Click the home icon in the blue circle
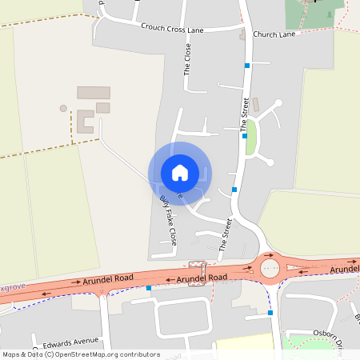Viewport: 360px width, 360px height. [x=180, y=173]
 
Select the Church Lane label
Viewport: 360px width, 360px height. [x=274, y=35]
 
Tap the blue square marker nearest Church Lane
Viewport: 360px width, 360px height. [x=247, y=65]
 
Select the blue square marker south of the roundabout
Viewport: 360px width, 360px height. [x=270, y=313]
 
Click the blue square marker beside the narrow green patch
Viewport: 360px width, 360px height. [x=244, y=137]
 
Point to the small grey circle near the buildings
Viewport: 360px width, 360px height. [x=63, y=108]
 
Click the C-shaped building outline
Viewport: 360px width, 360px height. [x=85, y=122]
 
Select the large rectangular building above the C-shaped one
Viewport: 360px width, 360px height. [x=93, y=93]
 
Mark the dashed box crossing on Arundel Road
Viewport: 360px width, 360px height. [x=197, y=267]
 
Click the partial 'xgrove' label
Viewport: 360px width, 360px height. [x=13, y=286]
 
